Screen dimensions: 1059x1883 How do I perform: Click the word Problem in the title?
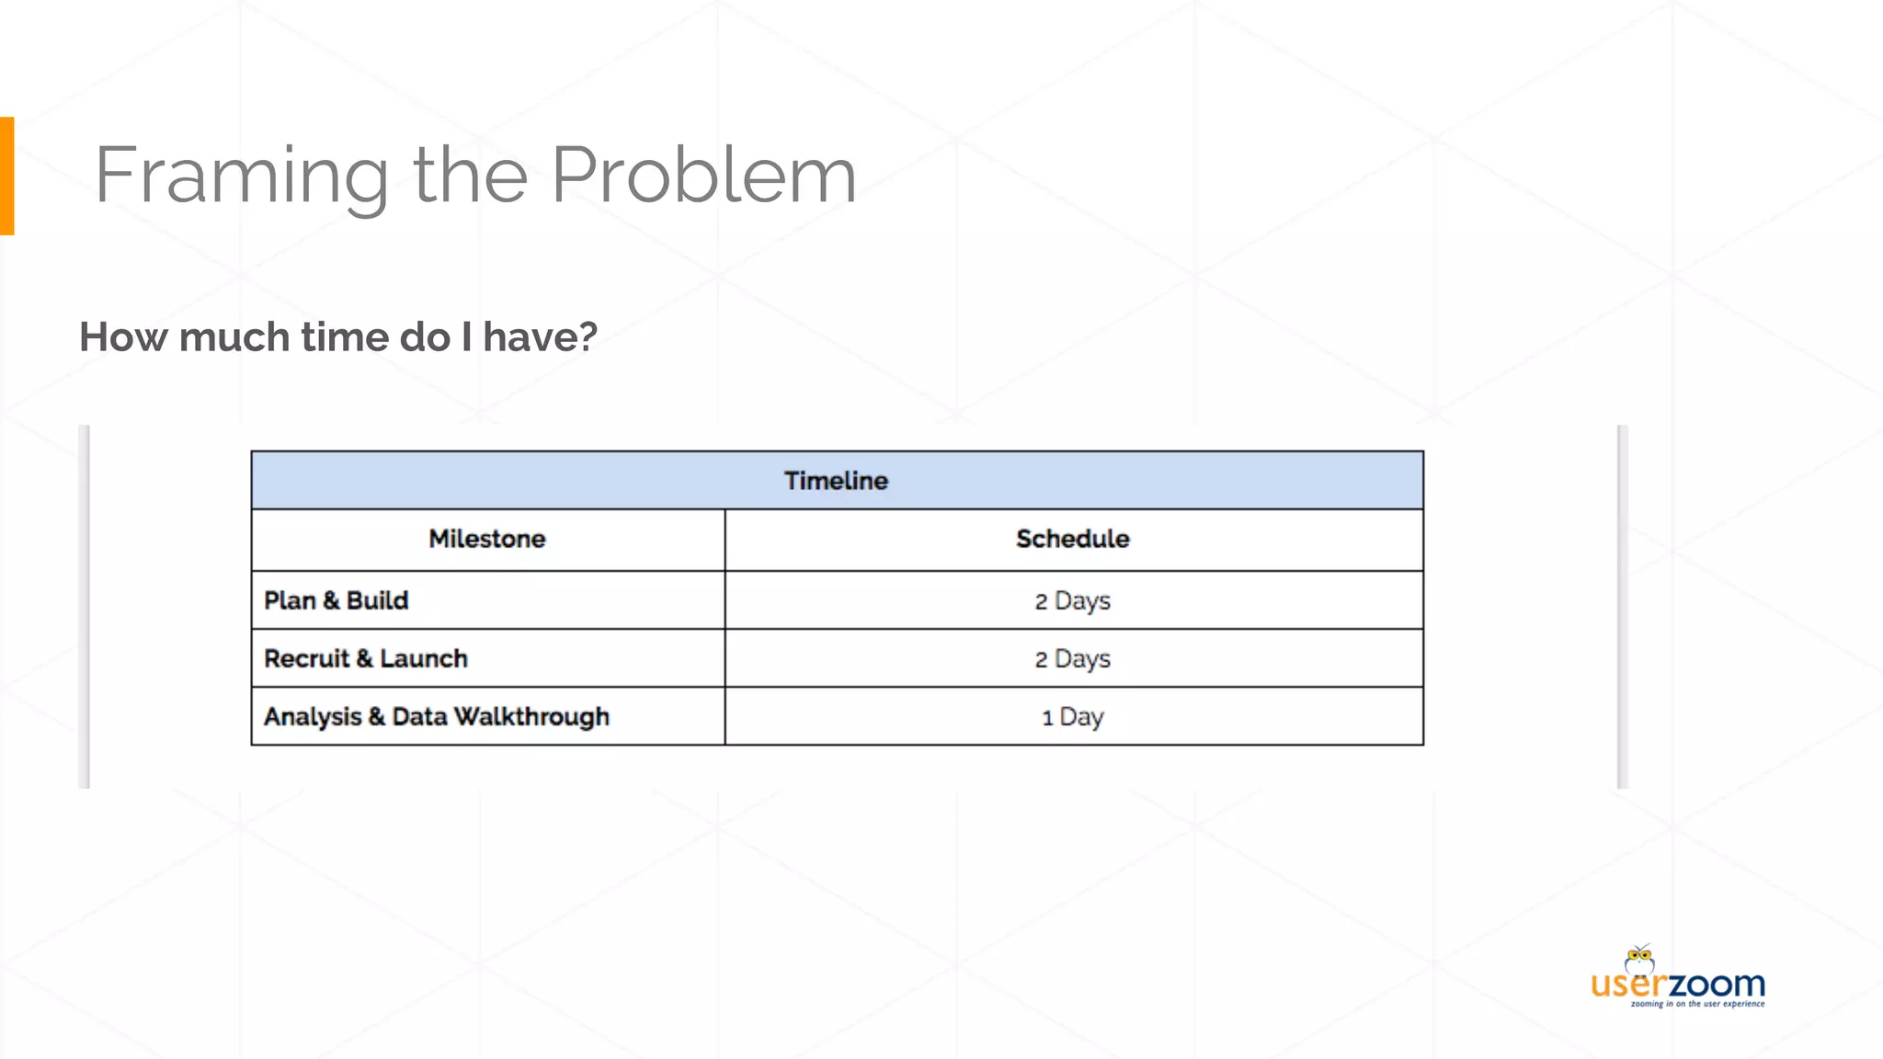click(703, 176)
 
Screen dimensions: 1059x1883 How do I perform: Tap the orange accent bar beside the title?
click(6, 176)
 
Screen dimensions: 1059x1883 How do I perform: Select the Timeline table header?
click(836, 481)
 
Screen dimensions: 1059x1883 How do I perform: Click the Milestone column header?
click(487, 539)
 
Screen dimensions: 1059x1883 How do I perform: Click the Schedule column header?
click(1072, 539)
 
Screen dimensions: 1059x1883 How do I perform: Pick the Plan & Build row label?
click(337, 600)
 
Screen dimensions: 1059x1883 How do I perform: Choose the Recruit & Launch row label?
click(366, 658)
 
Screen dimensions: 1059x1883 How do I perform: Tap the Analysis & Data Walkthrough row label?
click(437, 717)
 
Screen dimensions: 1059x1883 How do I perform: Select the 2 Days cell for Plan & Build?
click(1072, 601)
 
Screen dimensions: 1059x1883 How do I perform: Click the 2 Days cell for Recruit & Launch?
click(1072, 659)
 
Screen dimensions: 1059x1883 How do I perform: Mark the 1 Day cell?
click(1072, 717)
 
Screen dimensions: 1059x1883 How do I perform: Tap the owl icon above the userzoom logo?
click(1639, 959)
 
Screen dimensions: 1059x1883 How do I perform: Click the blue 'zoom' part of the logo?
click(1716, 985)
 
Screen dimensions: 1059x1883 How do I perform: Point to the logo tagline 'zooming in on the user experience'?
click(1697, 1004)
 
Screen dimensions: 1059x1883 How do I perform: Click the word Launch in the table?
click(424, 658)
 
